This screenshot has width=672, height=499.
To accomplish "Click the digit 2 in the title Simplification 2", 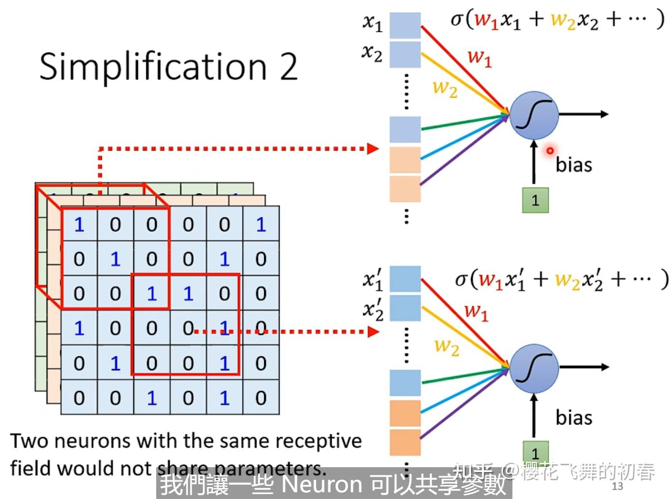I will click(x=288, y=67).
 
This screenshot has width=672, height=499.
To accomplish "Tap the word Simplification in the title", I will click(x=153, y=67).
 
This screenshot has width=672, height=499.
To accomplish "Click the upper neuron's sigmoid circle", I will click(x=534, y=115).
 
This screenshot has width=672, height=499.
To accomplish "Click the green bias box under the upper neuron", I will click(x=535, y=200).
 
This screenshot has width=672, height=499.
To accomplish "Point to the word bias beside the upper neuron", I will click(x=574, y=165).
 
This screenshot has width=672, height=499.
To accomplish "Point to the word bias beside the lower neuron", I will click(x=574, y=418).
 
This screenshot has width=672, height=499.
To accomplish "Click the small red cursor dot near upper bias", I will click(x=550, y=151).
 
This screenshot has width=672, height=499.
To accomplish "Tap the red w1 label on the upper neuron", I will click(x=479, y=57).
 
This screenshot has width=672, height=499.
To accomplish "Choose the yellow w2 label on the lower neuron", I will click(x=446, y=346).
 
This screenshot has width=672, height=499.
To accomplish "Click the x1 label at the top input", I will click(x=372, y=22).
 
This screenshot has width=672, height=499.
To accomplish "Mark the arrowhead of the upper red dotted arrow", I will click(x=373, y=148).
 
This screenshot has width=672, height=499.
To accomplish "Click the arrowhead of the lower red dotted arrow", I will click(x=373, y=332).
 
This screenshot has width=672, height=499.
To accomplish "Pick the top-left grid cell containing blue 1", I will click(x=79, y=225).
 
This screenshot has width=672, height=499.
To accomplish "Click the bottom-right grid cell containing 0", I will click(x=261, y=398).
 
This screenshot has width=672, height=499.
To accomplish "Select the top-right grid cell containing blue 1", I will click(x=261, y=225).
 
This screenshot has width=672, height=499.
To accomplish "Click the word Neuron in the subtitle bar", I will click(x=322, y=484).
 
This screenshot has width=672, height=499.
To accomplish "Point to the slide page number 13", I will click(x=617, y=486).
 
